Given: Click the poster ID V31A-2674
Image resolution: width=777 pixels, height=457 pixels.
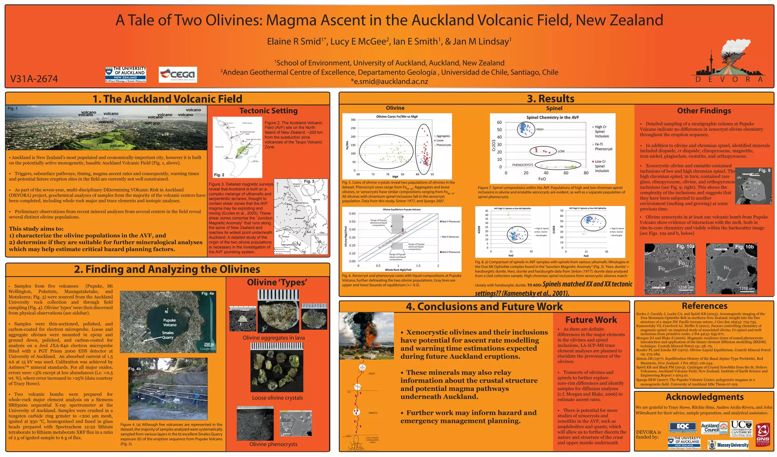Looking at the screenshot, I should (x=34, y=79).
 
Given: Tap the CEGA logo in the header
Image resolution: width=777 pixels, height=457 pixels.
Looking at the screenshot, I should (x=178, y=74).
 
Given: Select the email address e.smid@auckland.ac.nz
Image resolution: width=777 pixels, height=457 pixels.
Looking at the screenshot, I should (x=389, y=82).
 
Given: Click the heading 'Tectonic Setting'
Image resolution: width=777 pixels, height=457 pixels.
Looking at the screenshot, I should (x=268, y=111).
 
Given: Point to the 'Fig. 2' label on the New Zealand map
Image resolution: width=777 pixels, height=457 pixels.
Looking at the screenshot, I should (x=219, y=175).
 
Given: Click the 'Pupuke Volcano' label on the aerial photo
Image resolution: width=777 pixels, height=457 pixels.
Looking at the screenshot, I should (x=170, y=322).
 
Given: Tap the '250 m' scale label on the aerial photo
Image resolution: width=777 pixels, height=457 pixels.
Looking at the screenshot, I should (x=209, y=344).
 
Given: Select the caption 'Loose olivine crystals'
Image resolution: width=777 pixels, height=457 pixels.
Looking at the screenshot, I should (x=277, y=398).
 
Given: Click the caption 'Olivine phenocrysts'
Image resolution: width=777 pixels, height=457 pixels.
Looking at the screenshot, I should (x=273, y=444).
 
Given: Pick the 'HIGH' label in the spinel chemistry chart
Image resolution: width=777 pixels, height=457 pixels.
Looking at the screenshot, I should (x=539, y=129).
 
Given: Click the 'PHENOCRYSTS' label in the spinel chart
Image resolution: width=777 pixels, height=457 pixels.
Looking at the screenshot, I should (x=522, y=165).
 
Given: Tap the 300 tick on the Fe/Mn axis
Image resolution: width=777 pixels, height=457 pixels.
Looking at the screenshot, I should (x=353, y=120).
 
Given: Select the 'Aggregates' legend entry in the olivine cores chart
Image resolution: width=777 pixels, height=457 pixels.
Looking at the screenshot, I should (x=443, y=136).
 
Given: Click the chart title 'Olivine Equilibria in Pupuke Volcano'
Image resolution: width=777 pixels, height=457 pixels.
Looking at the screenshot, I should (x=401, y=209).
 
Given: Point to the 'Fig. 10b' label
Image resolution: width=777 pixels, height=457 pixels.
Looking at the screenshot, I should (x=744, y=247).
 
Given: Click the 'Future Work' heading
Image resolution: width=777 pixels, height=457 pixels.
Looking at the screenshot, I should (x=591, y=320).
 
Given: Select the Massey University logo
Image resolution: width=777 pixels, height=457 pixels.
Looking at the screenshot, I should (x=728, y=445).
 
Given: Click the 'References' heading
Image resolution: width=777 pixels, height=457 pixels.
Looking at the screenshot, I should (x=704, y=306).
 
